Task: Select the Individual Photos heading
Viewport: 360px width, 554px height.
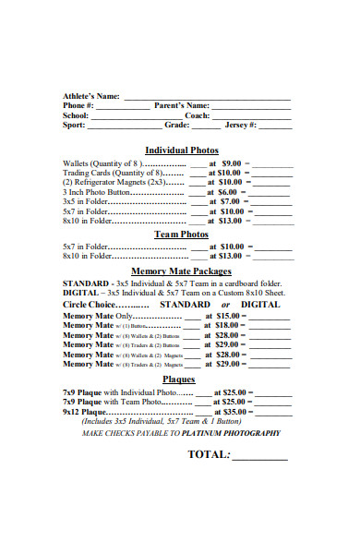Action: pos(182,150)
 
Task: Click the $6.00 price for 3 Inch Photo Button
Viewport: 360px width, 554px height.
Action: pos(232,191)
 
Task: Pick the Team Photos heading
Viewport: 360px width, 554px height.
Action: pos(181,235)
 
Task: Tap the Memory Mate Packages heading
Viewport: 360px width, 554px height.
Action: pos(182,271)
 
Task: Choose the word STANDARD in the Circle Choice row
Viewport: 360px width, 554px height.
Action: pos(185,304)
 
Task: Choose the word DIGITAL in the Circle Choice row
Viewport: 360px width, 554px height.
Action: pos(260,304)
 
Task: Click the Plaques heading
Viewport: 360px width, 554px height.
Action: pos(179,379)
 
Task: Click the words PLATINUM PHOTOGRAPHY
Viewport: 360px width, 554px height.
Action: pos(231,432)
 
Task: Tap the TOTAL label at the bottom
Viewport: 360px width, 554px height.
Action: pos(207,454)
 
